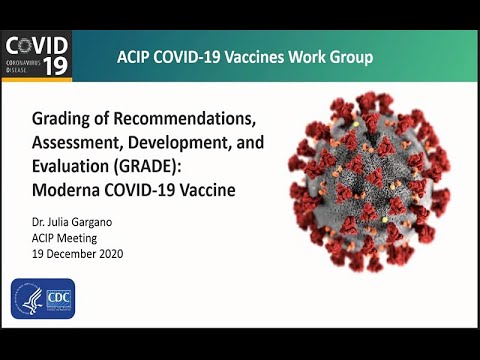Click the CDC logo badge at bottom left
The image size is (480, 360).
[59, 299]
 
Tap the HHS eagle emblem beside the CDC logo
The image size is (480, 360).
[27, 299]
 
